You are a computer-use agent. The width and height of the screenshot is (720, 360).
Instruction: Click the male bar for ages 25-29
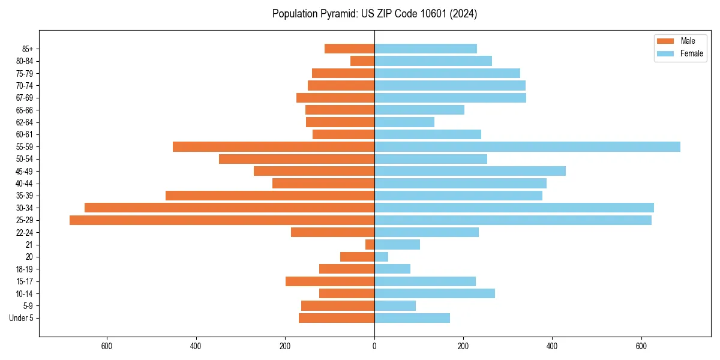click(222, 220)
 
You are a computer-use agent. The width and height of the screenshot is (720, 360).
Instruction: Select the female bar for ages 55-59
click(527, 147)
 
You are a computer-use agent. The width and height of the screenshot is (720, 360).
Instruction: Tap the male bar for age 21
click(370, 245)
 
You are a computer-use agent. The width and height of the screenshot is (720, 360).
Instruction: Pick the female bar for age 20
click(381, 257)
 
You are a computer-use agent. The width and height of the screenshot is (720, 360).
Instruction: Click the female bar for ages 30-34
click(514, 208)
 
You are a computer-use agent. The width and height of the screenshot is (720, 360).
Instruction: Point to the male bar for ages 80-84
click(362, 61)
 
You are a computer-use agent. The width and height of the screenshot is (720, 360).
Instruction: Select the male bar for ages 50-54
click(296, 159)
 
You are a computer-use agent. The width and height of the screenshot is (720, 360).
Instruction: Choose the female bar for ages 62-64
click(404, 122)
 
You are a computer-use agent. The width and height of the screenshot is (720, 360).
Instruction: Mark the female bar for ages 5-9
click(395, 306)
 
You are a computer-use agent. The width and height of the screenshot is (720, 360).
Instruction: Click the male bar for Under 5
click(337, 318)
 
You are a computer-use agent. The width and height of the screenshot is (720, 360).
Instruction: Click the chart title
click(374, 14)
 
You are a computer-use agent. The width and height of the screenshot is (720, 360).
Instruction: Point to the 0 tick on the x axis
click(374, 346)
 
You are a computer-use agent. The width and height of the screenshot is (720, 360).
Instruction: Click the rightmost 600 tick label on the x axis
click(641, 346)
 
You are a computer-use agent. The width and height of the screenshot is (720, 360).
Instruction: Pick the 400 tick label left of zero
click(196, 346)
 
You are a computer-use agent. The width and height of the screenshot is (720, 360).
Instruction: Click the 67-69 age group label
click(24, 98)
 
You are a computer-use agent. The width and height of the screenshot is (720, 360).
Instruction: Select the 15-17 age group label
click(24, 281)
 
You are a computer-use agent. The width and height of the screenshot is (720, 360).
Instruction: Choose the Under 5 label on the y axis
click(21, 318)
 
